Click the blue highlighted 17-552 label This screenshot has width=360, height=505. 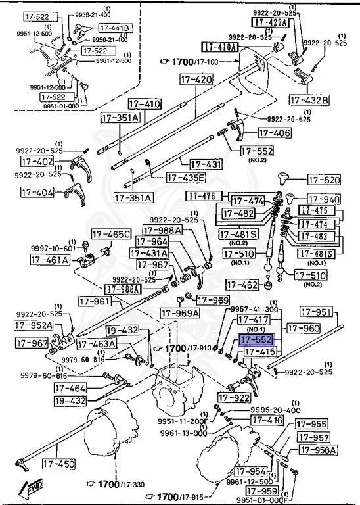point(256,340)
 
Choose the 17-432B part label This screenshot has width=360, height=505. point(309,99)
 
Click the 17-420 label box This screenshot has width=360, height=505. point(195,80)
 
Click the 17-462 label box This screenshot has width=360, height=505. point(242,285)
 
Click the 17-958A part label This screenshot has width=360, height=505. point(319,450)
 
